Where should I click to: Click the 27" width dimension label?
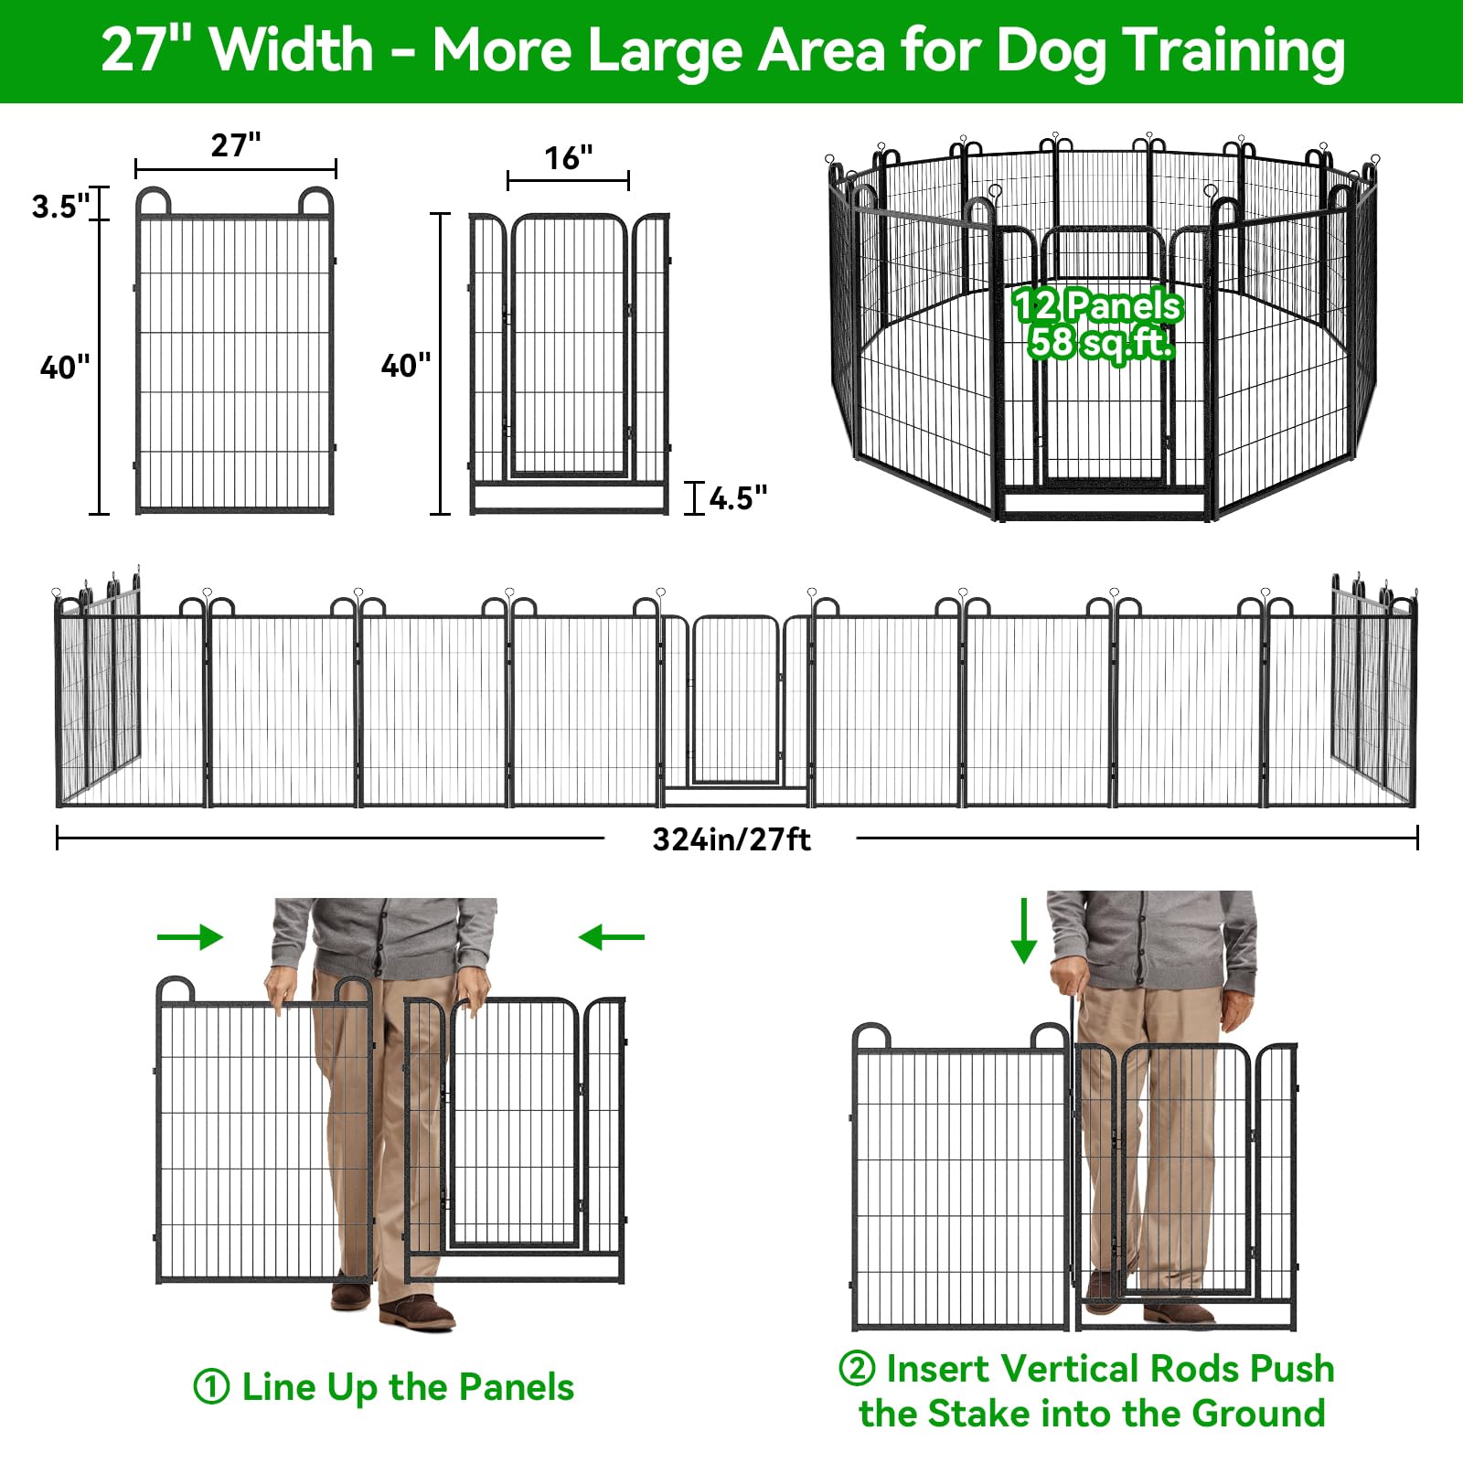[236, 144]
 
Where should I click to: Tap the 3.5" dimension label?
[60, 207]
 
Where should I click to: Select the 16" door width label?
[568, 158]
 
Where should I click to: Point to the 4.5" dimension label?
[738, 498]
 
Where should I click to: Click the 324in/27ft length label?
[731, 839]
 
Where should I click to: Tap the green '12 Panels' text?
[1097, 305]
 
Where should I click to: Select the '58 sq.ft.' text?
[1100, 343]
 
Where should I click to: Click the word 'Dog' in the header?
[1050, 50]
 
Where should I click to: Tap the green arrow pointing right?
[190, 936]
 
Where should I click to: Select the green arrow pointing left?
[612, 936]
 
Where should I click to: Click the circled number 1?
[211, 1387]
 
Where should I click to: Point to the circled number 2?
[857, 1369]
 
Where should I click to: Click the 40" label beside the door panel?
[405, 366]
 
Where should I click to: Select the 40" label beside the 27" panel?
[65, 368]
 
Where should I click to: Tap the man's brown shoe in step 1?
[417, 1315]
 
